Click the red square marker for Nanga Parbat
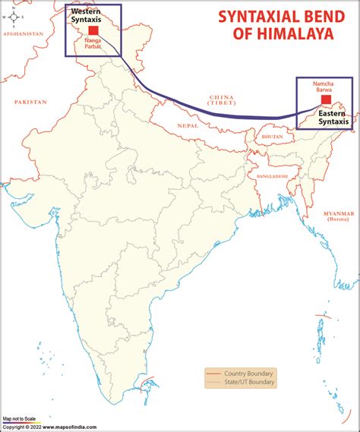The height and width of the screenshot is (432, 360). (x=94, y=32)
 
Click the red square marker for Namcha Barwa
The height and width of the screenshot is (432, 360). (x=326, y=99)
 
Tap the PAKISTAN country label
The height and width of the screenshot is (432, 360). (x=30, y=102)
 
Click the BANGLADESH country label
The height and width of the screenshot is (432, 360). (x=273, y=176)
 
